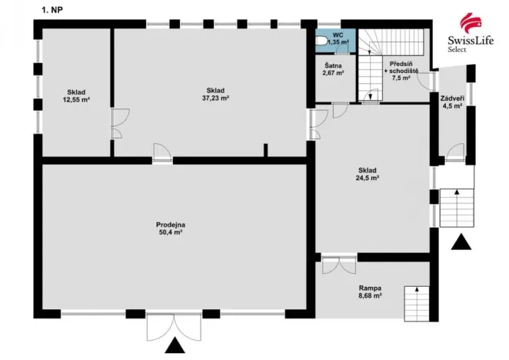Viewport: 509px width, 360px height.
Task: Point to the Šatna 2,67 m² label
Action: click(x=333, y=70)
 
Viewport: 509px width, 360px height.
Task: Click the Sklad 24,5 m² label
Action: click(x=369, y=173)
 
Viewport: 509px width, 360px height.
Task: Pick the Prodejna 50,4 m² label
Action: click(x=173, y=228)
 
